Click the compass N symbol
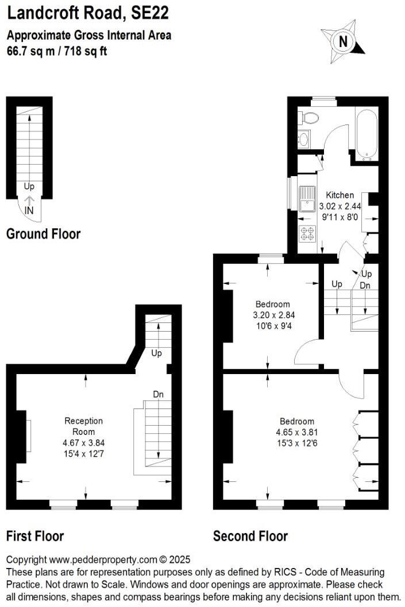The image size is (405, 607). tap(344, 41)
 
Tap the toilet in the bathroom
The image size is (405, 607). tap(310, 118)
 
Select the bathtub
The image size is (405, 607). tap(366, 133)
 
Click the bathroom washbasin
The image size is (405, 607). tap(304, 139)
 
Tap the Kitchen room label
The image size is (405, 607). tap(340, 195)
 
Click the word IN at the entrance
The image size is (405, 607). tap(29, 211)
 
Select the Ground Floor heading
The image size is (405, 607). tap(43, 234)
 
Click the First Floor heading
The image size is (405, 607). tap(35, 536)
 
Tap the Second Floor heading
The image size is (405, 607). tap(250, 536)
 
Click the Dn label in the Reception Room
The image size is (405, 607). tap(159, 394)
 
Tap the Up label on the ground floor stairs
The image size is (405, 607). tap(29, 186)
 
